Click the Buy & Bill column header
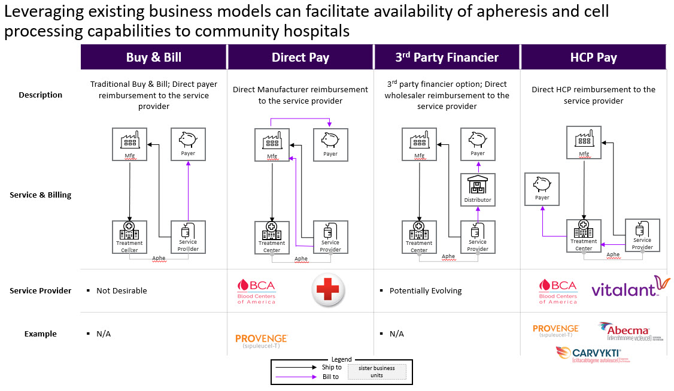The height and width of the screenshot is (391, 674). pos(154,57)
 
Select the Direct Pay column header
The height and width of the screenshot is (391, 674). pos(300,57)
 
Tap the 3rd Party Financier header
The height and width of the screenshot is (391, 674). pos(447,57)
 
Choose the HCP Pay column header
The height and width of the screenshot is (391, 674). pos(593,57)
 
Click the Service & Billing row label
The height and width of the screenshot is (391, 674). pos(40,195)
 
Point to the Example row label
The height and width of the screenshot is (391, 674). pos(40,334)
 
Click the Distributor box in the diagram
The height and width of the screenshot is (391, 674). pos(478,189)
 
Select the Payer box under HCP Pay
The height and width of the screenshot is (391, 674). pos(542,189)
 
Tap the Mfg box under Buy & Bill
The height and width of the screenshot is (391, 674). pos(130,144)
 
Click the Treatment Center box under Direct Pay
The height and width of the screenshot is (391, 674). pos(272,237)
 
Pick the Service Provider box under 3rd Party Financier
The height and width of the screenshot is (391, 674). pos(478,237)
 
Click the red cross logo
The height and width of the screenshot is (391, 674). pos(328,290)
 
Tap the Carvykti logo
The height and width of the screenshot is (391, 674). pos(593,354)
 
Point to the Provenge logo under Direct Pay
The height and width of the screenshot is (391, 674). pos(261,341)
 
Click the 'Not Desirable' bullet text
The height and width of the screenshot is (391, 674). pos(122,290)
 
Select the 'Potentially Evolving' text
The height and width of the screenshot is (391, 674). pos(426,290)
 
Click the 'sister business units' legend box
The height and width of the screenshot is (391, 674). pos(377,371)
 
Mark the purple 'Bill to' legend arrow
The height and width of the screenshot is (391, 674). pos(296,377)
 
